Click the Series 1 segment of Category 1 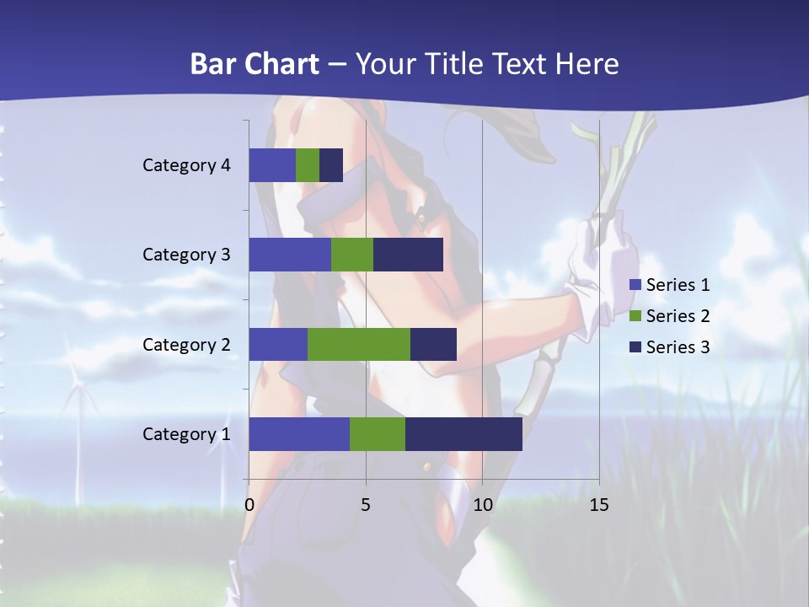[299, 434]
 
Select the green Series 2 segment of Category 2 [359, 345]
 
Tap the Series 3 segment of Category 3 [408, 255]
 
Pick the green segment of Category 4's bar [308, 165]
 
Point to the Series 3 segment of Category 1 [463, 434]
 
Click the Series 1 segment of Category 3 [290, 255]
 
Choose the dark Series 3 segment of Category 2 [433, 345]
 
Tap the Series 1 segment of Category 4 [272, 165]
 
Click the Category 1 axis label [186, 434]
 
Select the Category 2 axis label [186, 345]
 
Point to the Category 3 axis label [186, 255]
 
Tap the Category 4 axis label [186, 165]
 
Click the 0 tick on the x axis [249, 505]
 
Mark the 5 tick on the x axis [366, 505]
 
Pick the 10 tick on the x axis [482, 505]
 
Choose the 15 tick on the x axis [598, 505]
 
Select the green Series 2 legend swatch [636, 316]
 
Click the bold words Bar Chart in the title [254, 64]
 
